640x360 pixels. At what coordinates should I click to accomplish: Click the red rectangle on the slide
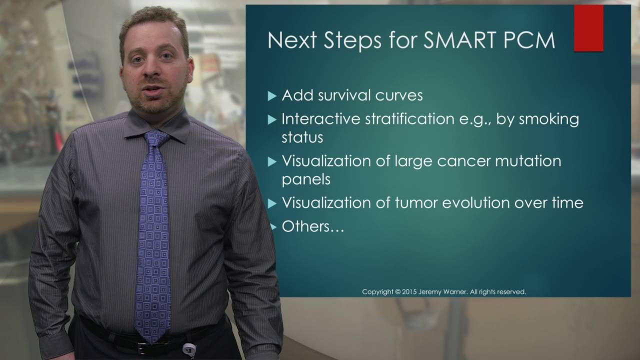588,28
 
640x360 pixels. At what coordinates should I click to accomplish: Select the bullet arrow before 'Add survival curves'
272,96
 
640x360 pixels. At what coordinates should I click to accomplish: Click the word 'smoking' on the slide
549,119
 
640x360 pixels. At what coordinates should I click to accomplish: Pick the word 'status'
302,137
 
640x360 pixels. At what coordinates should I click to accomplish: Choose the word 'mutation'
528,161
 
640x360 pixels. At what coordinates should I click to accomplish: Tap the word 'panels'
306,180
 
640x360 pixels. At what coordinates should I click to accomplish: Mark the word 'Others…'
313,226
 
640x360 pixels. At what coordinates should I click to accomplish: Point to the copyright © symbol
398,292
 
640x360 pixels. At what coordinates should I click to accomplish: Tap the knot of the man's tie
155,138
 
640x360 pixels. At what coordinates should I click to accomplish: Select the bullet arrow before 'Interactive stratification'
272,119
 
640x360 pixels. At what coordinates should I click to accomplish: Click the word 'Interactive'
321,119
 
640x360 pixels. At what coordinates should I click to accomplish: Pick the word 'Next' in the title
292,40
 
